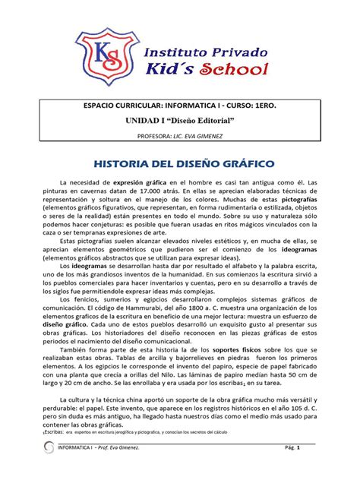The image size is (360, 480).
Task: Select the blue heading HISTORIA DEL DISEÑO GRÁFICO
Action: click(x=179, y=164)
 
